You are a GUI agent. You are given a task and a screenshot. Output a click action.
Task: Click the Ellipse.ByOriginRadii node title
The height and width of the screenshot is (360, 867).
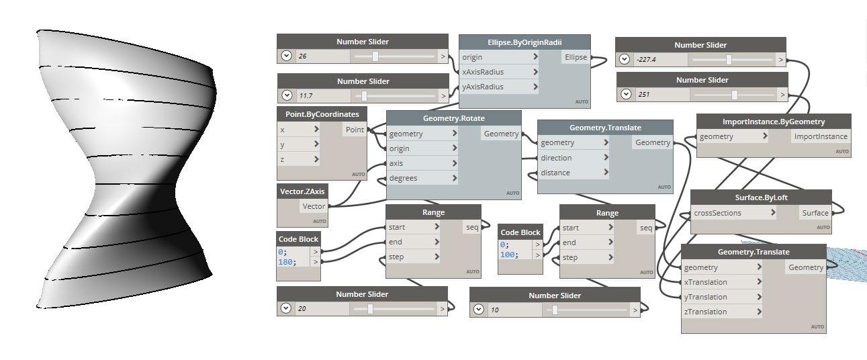[x=524, y=42]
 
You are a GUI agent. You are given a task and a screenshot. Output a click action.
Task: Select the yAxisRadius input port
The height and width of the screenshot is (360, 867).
[x=483, y=87]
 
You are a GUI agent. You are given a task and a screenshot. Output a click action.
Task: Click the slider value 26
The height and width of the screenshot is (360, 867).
[x=303, y=56]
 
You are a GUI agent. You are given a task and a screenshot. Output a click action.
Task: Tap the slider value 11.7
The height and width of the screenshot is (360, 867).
[x=306, y=96]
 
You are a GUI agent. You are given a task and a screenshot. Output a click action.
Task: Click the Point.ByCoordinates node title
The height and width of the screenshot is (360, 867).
[x=322, y=114]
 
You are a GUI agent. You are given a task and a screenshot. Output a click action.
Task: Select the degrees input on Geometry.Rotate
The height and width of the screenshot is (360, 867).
[x=403, y=178]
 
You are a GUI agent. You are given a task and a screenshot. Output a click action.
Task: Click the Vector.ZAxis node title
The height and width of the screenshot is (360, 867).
[x=302, y=191]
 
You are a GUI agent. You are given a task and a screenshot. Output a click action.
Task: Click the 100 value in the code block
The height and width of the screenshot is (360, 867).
[x=508, y=254]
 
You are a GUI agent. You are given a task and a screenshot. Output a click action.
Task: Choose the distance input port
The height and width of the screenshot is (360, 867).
[x=555, y=173]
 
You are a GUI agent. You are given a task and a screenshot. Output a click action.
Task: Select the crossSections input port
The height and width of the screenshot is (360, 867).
[x=718, y=213]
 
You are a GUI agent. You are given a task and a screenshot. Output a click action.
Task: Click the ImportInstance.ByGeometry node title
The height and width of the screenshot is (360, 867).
[x=774, y=122]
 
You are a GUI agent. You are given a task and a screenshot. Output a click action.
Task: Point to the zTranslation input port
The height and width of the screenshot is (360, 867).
[x=705, y=312]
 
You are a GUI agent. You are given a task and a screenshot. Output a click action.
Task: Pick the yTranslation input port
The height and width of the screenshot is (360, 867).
[x=705, y=297]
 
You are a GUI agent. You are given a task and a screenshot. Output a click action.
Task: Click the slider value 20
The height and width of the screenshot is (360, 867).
[x=302, y=309]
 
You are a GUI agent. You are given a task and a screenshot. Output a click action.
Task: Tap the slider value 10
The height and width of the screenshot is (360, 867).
[x=495, y=310]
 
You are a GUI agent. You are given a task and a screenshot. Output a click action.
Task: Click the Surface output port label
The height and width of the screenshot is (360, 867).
[x=815, y=213]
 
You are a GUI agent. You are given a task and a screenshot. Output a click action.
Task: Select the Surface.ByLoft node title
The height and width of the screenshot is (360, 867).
[x=761, y=198]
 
